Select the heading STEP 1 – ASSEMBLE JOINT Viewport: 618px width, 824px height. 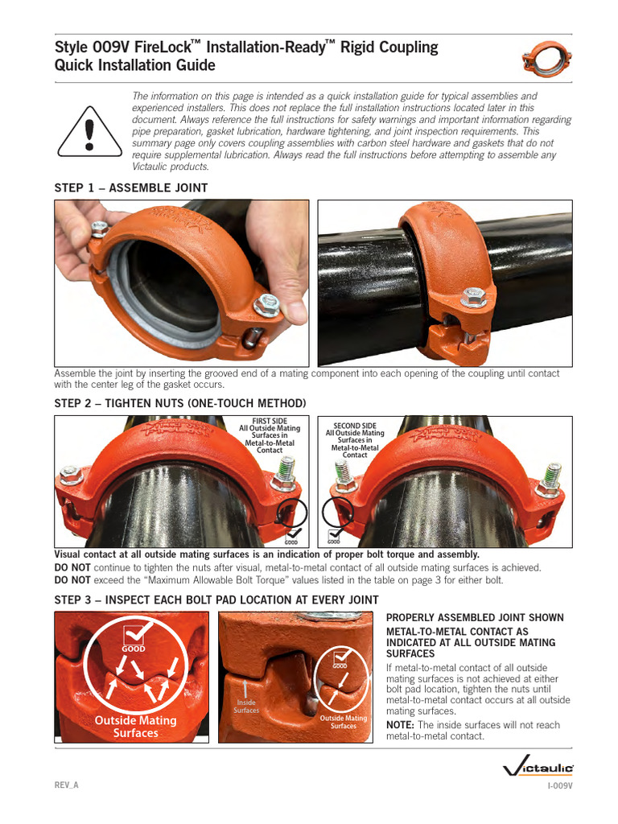[x=130, y=187]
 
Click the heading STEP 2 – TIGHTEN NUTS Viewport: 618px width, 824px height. [x=179, y=402]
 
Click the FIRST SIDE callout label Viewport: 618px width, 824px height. [x=270, y=435]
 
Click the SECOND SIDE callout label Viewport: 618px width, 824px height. [x=355, y=439]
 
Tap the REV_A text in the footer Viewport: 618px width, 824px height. [x=66, y=785]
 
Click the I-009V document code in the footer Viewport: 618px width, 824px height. [x=560, y=785]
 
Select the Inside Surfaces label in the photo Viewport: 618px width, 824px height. [x=246, y=706]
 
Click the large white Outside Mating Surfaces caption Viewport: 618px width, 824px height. [x=135, y=727]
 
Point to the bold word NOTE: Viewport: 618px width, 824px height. [x=402, y=725]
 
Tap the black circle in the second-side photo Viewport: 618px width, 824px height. [x=337, y=510]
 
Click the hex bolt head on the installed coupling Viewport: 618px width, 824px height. [x=474, y=299]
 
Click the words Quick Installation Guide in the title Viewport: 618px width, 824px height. [x=134, y=65]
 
